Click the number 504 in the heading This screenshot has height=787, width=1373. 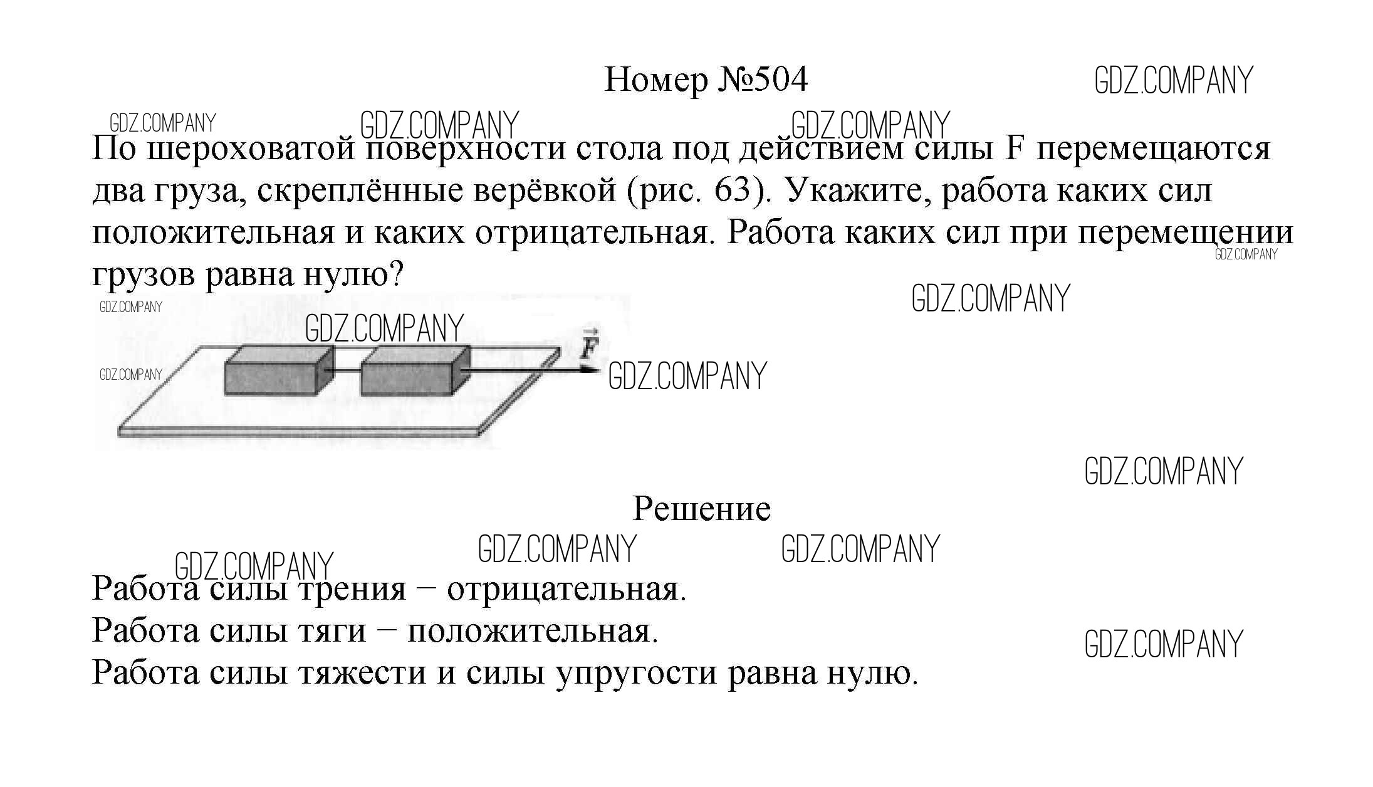pyautogui.click(x=780, y=80)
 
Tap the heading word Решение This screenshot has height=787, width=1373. pyautogui.click(x=701, y=508)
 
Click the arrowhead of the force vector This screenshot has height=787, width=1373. pyautogui.click(x=591, y=370)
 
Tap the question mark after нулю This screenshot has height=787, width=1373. pyautogui.click(x=395, y=274)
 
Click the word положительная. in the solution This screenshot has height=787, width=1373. pyautogui.click(x=533, y=630)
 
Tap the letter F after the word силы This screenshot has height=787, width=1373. pyautogui.click(x=1014, y=149)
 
